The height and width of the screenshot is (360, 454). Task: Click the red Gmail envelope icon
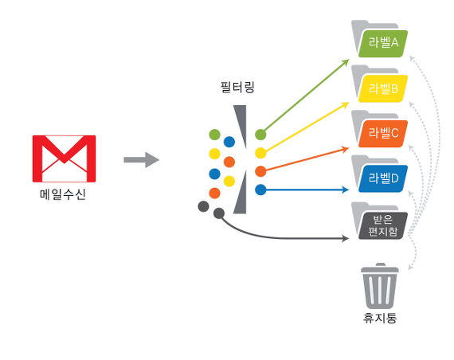pos(64,158)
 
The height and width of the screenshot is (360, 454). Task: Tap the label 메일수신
pos(63,194)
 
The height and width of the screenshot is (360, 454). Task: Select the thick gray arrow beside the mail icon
pos(141,159)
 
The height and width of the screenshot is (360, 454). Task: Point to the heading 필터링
pos(237,87)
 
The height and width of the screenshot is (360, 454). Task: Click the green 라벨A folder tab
pos(383,44)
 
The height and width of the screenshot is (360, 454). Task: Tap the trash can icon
pos(380,286)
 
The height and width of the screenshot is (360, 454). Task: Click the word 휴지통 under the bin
pos(380,318)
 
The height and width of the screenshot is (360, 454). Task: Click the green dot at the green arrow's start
pos(260,135)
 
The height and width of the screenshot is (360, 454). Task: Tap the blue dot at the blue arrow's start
pos(260,190)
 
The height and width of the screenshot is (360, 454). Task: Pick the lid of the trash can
pos(380,268)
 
